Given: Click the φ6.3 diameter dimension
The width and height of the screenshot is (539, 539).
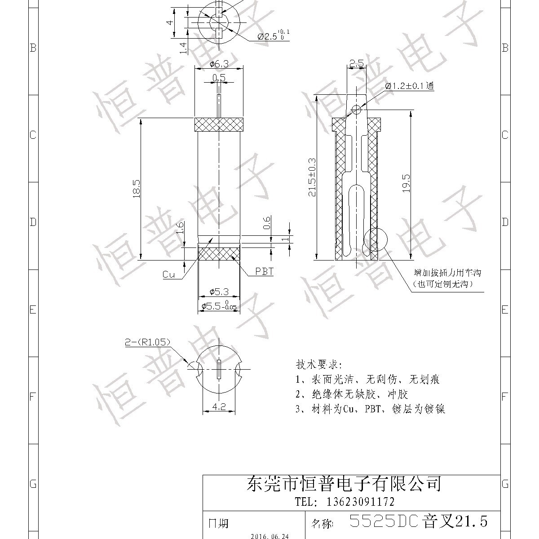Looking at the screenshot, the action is pyautogui.click(x=219, y=64).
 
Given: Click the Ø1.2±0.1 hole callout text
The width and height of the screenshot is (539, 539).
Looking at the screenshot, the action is pyautogui.click(x=409, y=86).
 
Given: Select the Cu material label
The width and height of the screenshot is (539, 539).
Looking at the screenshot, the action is pyautogui.click(x=169, y=274).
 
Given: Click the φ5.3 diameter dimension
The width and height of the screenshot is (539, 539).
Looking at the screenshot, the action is pyautogui.click(x=219, y=292).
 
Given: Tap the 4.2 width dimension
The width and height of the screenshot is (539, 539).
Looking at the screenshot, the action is pyautogui.click(x=218, y=407).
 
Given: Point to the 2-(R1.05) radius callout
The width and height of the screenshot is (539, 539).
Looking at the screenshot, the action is pyautogui.click(x=148, y=343).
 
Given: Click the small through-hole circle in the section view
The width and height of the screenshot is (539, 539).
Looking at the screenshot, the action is pyautogui.click(x=356, y=109).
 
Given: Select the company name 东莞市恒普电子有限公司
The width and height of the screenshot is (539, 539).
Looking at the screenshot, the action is pyautogui.click(x=345, y=484).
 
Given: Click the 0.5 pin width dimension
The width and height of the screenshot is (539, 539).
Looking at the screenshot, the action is pyautogui.click(x=219, y=78).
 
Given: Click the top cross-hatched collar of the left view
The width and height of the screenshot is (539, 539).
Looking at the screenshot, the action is pyautogui.click(x=219, y=124).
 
